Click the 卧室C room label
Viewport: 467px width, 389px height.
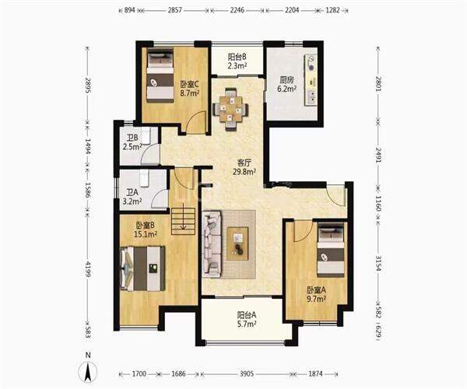[x=190, y=85]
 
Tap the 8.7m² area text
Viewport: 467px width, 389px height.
[x=190, y=93]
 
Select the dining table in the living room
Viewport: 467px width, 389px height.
[x=230, y=110]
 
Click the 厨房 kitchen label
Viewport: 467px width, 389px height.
[x=286, y=80]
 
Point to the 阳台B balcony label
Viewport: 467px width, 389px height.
[x=237, y=57]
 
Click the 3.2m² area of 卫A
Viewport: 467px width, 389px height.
[x=132, y=202]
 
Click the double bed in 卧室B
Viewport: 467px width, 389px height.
[x=142, y=268]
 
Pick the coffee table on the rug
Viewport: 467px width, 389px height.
[x=237, y=244]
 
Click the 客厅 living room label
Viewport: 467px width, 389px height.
[x=244, y=163]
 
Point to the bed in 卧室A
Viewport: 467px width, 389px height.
[x=331, y=250]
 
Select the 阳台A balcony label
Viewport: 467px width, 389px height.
[x=247, y=315]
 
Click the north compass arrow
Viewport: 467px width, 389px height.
[x=88, y=371]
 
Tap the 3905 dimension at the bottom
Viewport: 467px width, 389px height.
[x=247, y=373]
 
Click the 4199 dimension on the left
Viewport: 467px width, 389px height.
[x=88, y=268]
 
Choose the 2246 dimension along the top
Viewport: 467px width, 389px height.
[x=237, y=10]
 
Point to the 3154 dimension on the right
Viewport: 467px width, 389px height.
[x=378, y=263]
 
